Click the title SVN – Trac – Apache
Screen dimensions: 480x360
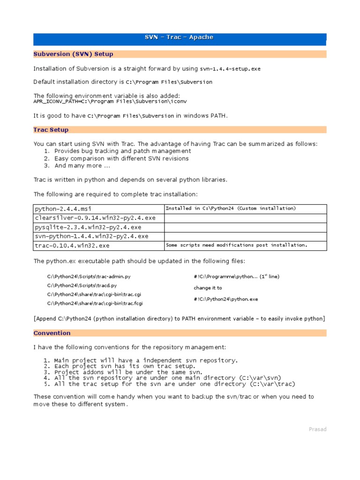click(180, 37)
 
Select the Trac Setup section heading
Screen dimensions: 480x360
click(51, 129)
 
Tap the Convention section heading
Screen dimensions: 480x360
click(52, 333)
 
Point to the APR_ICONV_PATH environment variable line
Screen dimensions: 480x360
click(100, 101)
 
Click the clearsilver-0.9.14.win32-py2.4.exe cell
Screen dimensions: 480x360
click(95, 218)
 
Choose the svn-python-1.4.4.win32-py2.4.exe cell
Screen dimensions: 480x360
click(91, 236)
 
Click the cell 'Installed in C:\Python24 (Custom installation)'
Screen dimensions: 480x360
click(231, 208)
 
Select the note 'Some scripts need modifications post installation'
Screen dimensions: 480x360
click(237, 245)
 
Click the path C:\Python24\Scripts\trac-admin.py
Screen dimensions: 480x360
click(89, 277)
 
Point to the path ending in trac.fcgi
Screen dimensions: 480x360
click(95, 303)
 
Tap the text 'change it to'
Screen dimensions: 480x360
click(208, 288)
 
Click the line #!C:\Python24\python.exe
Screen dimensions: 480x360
click(225, 299)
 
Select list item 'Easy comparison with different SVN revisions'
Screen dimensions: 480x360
click(121, 158)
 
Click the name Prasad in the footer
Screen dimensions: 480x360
click(317, 429)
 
